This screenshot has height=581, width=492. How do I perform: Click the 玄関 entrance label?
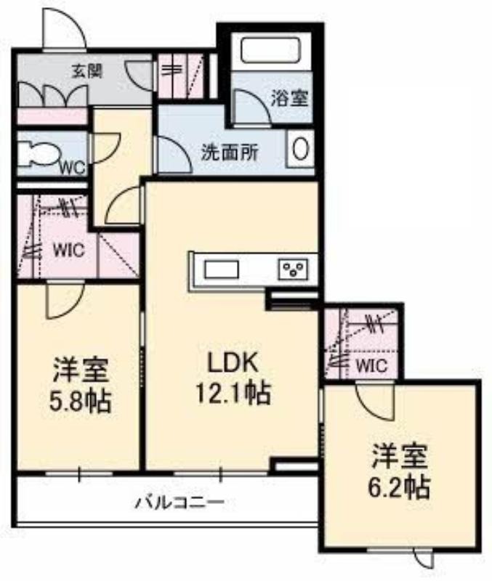pos(86,70)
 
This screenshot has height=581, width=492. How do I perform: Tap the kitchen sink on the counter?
pos(222,269)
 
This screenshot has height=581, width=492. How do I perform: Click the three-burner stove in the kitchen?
pos(294,269)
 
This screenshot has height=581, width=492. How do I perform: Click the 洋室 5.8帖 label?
pos(80,385)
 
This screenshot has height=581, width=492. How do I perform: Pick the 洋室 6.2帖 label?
pos(399,471)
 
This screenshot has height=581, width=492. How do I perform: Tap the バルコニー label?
pos(180,503)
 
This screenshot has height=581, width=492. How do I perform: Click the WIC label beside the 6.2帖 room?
pos(372,366)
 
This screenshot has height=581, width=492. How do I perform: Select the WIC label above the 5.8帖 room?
pos(69,250)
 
